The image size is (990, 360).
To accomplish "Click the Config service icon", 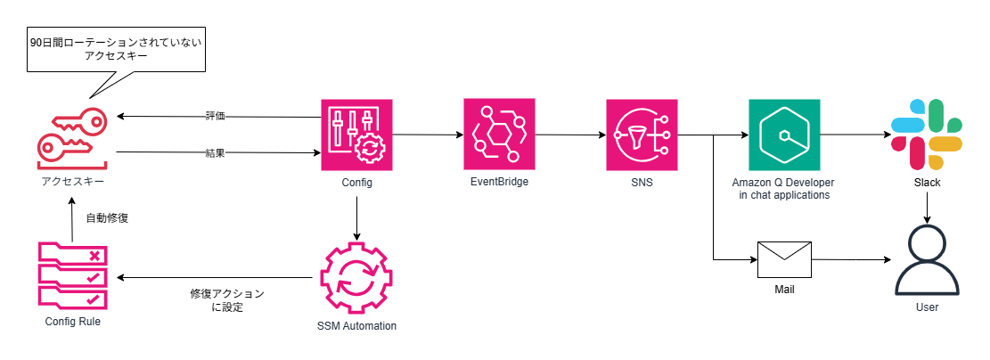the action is (x=356, y=135).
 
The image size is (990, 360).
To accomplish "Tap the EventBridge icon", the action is (x=499, y=134).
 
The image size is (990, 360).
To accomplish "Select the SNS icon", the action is (x=642, y=135).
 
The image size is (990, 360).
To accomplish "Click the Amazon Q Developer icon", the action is (x=784, y=135).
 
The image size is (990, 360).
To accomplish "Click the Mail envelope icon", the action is (x=784, y=260).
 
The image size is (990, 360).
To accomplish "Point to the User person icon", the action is (x=927, y=262).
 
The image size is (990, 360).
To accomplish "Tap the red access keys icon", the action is (x=72, y=138).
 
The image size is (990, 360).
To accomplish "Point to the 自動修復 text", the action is (x=107, y=219).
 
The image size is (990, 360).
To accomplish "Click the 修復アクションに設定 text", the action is (x=227, y=301).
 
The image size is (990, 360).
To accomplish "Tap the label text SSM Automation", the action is (x=356, y=326).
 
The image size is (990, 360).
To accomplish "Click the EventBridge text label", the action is (x=499, y=182).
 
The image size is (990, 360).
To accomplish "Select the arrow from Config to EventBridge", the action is (x=428, y=135).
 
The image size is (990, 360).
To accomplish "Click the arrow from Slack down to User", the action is (x=927, y=208).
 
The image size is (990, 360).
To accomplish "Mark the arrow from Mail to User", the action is (x=851, y=259).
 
